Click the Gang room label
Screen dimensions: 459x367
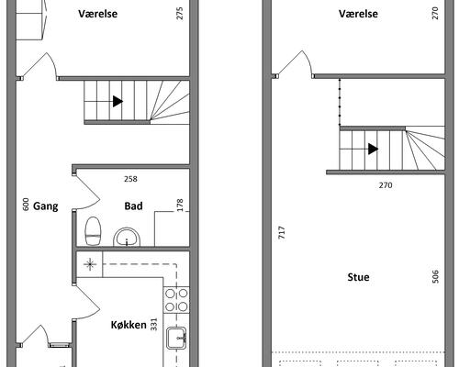point(46,206)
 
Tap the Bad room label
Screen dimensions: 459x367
point(133,206)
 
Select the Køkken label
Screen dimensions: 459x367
point(129,325)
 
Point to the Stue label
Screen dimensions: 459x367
point(358,277)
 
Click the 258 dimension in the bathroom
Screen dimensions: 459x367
point(130,179)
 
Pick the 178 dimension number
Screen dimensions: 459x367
point(180,205)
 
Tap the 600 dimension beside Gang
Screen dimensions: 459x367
point(26,205)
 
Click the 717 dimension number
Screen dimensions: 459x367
point(282,232)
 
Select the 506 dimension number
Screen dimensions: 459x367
point(436,276)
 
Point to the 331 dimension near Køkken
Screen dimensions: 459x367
point(153,325)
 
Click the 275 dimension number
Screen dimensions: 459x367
point(180,14)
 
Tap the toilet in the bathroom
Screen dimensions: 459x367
point(93,231)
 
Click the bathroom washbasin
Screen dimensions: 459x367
point(127,237)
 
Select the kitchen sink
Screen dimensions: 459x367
point(176,338)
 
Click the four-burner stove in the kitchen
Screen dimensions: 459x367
point(176,300)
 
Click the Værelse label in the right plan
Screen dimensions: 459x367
point(358,14)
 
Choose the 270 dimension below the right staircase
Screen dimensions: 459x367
point(386,185)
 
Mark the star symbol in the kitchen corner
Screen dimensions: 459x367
point(90,264)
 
